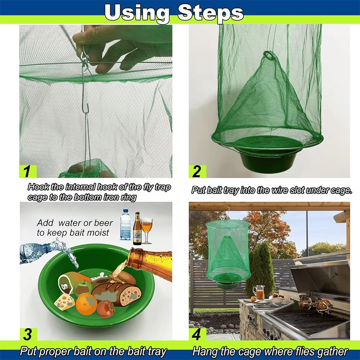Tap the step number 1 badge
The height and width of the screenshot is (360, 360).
point(27,171)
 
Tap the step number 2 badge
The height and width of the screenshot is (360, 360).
point(197,171)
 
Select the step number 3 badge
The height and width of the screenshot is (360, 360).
point(27,334)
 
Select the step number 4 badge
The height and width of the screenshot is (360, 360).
point(197,334)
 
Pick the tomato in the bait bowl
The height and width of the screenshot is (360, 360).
point(105,309)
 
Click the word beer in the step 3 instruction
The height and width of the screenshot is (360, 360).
point(103,223)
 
